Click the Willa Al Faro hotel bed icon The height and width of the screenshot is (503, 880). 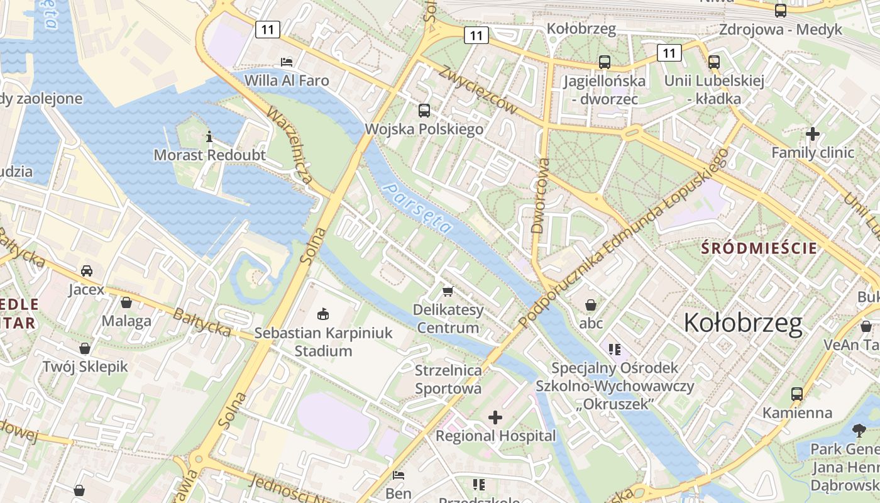287,62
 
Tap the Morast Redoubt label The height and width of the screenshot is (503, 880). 209,155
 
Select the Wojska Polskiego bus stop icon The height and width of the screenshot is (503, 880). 424,111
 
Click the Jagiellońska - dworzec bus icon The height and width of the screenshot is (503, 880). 605,62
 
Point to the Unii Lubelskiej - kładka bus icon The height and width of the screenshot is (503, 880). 714,62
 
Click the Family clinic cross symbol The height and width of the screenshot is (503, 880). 813,133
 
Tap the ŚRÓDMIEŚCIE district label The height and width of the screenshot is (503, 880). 759,248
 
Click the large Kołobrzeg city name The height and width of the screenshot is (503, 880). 743,323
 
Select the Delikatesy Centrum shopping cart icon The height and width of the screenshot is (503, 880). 448,290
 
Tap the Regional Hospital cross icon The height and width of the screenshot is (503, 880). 495,417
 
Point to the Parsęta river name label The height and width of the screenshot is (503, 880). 417,208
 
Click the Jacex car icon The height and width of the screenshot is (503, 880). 87,271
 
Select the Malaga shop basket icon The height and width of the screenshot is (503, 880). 126,302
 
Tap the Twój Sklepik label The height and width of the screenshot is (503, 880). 85,367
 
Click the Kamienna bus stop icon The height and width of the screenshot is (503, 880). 797,394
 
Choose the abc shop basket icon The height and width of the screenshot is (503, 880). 591,305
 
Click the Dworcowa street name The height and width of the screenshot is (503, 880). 540,196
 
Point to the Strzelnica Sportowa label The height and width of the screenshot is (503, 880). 448,379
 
